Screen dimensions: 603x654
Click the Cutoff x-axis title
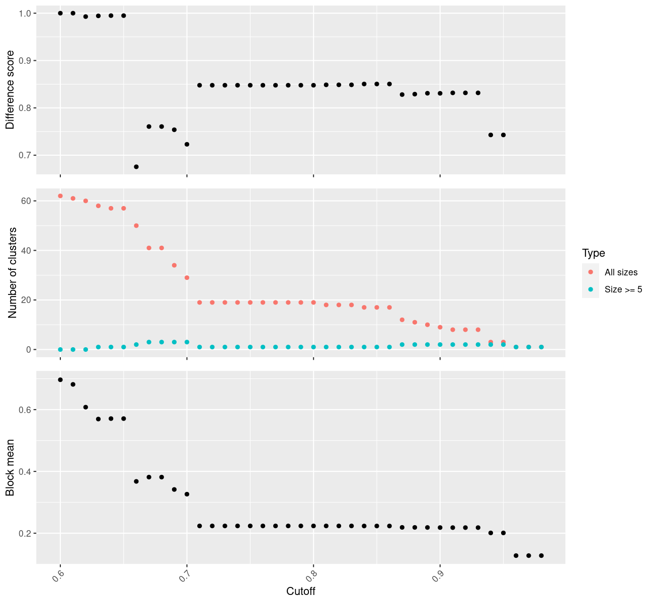click(x=300, y=591)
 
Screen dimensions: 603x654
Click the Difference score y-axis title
click(x=10, y=89)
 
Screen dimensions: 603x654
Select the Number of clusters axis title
click(x=13, y=273)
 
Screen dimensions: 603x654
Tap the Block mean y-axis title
click(x=10, y=467)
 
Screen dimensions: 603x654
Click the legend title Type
click(x=593, y=253)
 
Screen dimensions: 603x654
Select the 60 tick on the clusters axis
click(x=26, y=201)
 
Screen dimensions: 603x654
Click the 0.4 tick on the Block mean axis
click(x=26, y=471)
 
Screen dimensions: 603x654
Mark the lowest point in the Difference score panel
click(x=136, y=166)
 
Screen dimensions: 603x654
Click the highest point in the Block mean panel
click(x=60, y=380)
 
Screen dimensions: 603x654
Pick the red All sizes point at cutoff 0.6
click(x=60, y=196)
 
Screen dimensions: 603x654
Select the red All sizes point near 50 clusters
click(x=136, y=226)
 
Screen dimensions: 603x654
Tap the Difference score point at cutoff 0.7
click(x=187, y=144)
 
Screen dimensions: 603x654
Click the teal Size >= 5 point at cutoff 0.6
click(x=60, y=349)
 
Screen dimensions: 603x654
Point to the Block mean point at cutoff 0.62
click(x=86, y=407)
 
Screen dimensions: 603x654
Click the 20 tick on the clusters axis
click(x=26, y=300)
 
